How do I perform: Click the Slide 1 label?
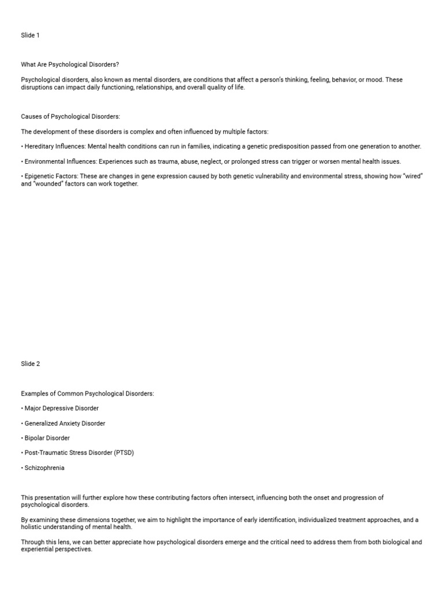click(x=31, y=35)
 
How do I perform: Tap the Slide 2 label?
click(x=31, y=364)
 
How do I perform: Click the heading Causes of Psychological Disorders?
click(x=71, y=116)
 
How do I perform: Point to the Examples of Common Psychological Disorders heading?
click(x=88, y=394)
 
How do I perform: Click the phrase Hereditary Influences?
click(x=55, y=146)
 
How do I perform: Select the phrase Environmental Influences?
click(x=60, y=161)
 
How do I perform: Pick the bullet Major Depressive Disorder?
click(x=61, y=408)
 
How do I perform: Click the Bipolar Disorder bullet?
click(x=49, y=438)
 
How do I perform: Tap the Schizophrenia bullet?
click(x=45, y=468)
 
